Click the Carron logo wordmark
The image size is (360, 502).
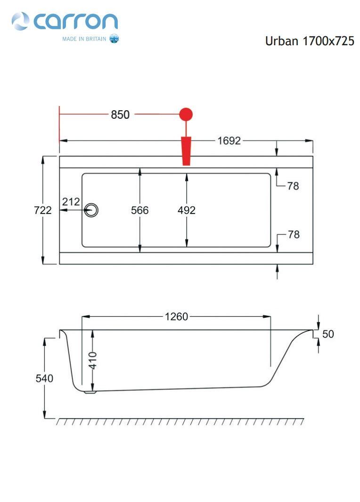click(75, 22)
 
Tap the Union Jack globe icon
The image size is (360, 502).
click(114, 39)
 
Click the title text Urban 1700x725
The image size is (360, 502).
click(310, 41)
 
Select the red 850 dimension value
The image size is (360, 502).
click(120, 114)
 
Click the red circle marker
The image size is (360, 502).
click(186, 114)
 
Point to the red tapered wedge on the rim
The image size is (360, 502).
click(186, 151)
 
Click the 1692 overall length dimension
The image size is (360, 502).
click(229, 140)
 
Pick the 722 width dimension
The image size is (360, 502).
click(42, 210)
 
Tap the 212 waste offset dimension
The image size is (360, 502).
click(71, 202)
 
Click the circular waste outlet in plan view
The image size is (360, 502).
click(91, 210)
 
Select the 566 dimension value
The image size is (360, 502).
click(140, 210)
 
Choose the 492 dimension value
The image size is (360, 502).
click(187, 210)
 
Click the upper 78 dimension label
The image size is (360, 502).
click(293, 186)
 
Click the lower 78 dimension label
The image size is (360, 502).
click(294, 234)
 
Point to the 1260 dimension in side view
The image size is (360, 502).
click(176, 317)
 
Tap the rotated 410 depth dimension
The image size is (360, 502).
click(92, 361)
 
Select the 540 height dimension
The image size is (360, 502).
click(44, 379)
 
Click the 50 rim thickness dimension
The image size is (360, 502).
click(328, 334)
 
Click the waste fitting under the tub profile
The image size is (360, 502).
click(90, 392)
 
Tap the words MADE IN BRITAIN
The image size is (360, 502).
click(84, 39)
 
